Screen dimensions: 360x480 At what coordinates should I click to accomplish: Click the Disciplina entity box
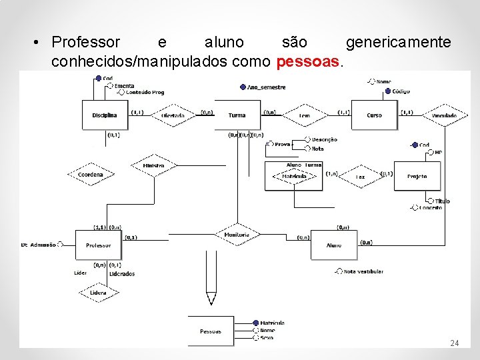105,115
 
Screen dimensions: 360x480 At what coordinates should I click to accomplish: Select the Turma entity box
237,115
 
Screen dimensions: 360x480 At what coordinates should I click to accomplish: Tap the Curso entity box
374,115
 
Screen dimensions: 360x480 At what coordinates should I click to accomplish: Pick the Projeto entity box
417,176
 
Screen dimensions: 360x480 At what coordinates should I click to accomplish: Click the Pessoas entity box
211,331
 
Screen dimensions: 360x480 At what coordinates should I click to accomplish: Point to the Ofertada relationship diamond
173,115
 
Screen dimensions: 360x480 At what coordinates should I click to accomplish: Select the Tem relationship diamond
305,115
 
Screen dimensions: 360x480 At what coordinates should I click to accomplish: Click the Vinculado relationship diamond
444,115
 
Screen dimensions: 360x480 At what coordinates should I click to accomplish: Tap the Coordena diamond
91,175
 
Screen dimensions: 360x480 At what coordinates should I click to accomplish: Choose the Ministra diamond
153,165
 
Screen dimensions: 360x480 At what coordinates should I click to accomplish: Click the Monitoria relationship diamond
237,235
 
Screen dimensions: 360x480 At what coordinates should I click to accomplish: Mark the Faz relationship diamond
360,177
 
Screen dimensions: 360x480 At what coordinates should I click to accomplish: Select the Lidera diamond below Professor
98,293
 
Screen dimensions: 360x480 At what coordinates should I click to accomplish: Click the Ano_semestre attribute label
266,87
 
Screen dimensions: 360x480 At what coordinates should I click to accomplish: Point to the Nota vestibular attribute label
363,271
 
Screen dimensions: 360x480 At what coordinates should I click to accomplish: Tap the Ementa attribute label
124,86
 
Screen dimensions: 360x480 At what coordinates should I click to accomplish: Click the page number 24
454,343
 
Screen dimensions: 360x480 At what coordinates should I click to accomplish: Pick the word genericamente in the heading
398,43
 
